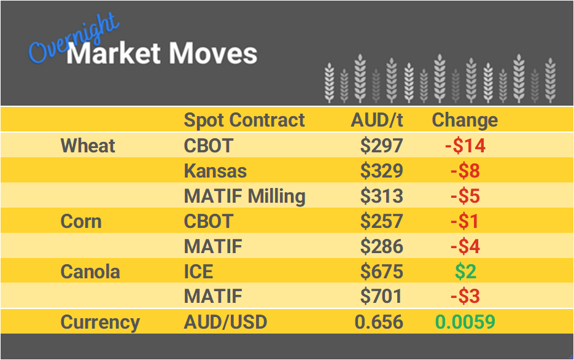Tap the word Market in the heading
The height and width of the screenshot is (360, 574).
coord(114,53)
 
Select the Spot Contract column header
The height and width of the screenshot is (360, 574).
coord(244,120)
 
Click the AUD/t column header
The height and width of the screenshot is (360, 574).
coord(377,120)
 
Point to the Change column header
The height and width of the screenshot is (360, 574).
coord(465,120)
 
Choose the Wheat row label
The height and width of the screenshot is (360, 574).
coord(88,146)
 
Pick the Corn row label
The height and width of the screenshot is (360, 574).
coord(81,221)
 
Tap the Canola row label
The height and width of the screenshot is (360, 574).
coord(90,272)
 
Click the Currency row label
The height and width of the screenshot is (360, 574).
coord(100,322)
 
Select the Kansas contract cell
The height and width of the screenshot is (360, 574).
coord(215,171)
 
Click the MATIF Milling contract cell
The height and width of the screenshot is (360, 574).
coord(244,196)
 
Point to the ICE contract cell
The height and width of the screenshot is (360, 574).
coord(200,272)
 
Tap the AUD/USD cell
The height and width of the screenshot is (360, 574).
coord(225,322)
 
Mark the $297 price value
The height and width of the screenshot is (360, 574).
coord(381,146)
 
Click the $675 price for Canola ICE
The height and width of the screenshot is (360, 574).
coord(381,272)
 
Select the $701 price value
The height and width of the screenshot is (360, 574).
coord(381,297)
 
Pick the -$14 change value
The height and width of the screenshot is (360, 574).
coord(465,146)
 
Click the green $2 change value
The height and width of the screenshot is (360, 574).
coord(465,272)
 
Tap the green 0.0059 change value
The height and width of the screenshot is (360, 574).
coord(465,322)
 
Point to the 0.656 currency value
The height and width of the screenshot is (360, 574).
coord(379,322)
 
